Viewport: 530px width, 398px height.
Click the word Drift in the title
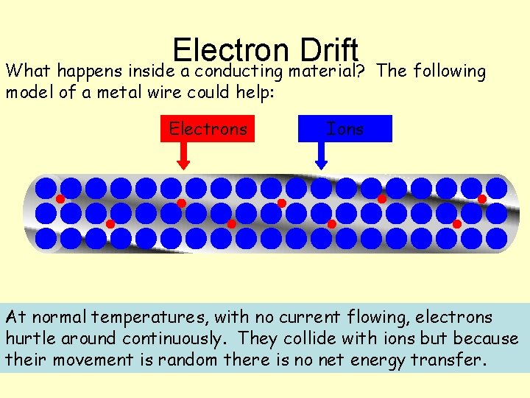point(329,49)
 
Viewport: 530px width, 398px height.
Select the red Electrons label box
point(208,129)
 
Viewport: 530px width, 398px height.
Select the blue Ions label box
point(345,129)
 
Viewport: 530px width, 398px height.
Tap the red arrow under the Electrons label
point(183,154)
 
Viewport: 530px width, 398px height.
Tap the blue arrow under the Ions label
point(321,154)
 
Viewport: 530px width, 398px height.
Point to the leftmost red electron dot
point(60,199)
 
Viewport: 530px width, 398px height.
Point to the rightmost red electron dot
point(482,199)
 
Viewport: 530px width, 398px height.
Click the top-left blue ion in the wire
point(46,187)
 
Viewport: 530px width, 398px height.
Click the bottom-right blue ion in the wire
point(497,238)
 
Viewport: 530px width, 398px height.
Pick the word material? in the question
point(328,71)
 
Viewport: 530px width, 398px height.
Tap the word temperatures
point(151,318)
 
